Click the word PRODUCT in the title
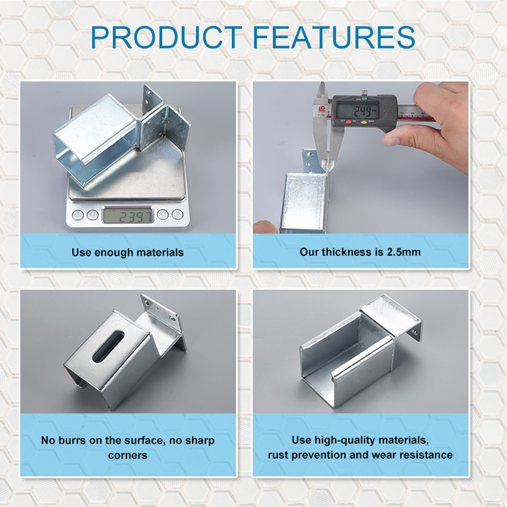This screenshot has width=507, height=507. (167, 37)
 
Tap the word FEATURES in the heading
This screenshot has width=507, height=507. (334, 37)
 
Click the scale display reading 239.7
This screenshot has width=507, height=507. (128, 215)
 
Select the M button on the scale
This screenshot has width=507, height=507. (93, 215)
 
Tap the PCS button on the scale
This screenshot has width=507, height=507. (163, 214)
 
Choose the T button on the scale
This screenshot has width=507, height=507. (177, 214)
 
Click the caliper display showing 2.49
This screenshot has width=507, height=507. (357, 111)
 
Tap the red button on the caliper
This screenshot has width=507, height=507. (349, 122)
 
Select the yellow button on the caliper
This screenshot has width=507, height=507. (363, 122)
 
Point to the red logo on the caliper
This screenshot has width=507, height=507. (322, 109)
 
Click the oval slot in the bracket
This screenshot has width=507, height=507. (108, 346)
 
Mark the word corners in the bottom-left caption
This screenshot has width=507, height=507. (128, 456)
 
